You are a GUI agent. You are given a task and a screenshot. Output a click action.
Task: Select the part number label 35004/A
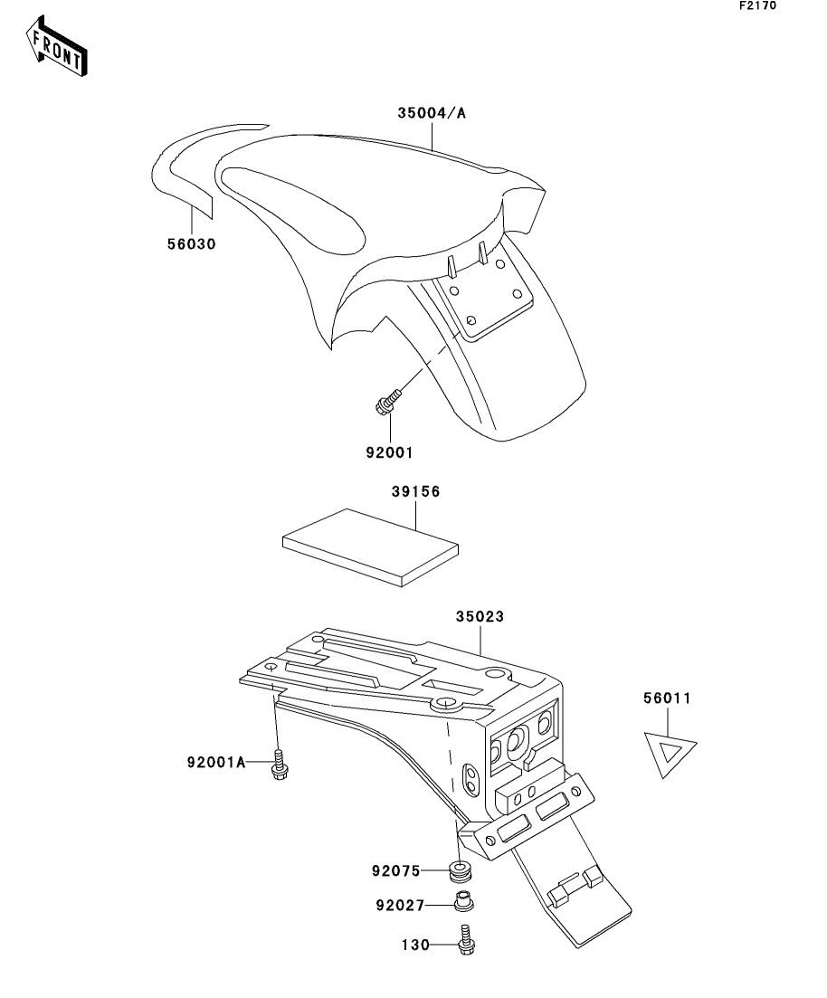pyautogui.click(x=432, y=114)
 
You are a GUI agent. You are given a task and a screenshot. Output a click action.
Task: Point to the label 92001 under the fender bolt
pyautogui.click(x=391, y=450)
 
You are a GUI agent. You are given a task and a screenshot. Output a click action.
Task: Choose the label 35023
pyautogui.click(x=479, y=616)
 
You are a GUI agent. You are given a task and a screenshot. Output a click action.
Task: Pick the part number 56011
pyautogui.click(x=668, y=699)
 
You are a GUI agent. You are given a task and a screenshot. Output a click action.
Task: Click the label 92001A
pyautogui.click(x=217, y=763)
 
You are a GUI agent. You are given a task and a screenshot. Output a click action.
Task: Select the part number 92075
pyautogui.click(x=396, y=872)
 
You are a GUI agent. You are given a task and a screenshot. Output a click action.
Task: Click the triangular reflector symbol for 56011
pyautogui.click(x=670, y=753)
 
